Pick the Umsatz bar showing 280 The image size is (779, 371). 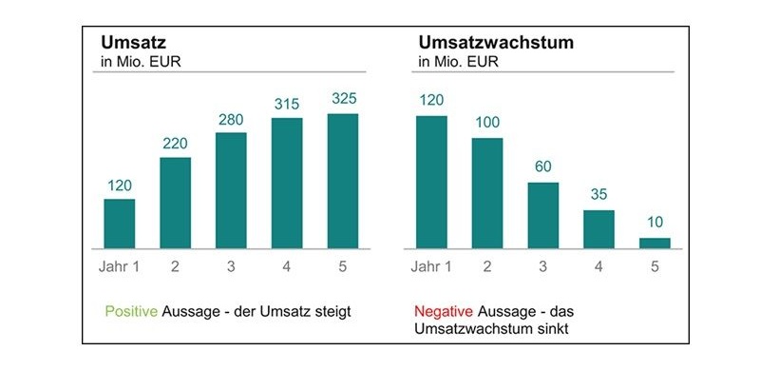231,191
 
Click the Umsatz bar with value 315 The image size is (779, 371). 287,184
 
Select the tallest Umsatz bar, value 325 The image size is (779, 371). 343,182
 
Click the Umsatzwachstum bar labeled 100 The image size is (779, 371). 486,193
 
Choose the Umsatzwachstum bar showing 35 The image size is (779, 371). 598,229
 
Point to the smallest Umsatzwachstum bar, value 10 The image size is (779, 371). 655,244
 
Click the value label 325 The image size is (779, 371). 343,99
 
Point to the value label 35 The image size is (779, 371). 598,195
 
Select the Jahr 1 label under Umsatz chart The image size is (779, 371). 119,265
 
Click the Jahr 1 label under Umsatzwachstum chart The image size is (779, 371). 430,265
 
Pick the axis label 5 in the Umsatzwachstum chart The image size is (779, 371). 655,265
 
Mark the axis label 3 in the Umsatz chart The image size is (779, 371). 231,265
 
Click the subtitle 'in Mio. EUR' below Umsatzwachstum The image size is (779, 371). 456,63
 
